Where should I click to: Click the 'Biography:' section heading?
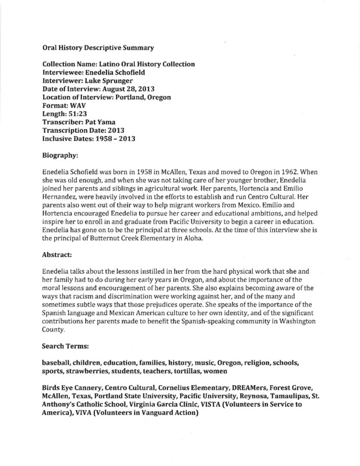[x=65, y=156]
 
